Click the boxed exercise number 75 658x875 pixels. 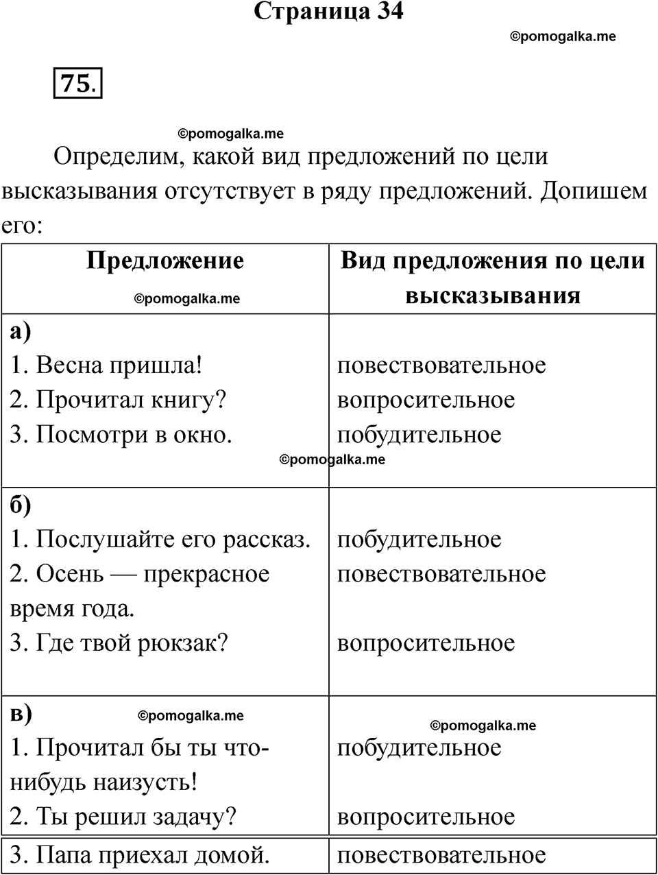tap(77, 84)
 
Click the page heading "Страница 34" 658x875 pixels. tap(328, 12)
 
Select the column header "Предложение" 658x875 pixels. tap(165, 261)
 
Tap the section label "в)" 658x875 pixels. tap(21, 713)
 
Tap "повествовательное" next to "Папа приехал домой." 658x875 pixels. tap(441, 855)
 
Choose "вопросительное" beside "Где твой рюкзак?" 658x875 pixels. tap(426, 643)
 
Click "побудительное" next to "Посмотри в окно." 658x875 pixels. tap(419, 435)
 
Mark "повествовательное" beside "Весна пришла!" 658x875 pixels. tap(441, 365)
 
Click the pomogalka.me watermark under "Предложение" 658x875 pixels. tap(186, 298)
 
